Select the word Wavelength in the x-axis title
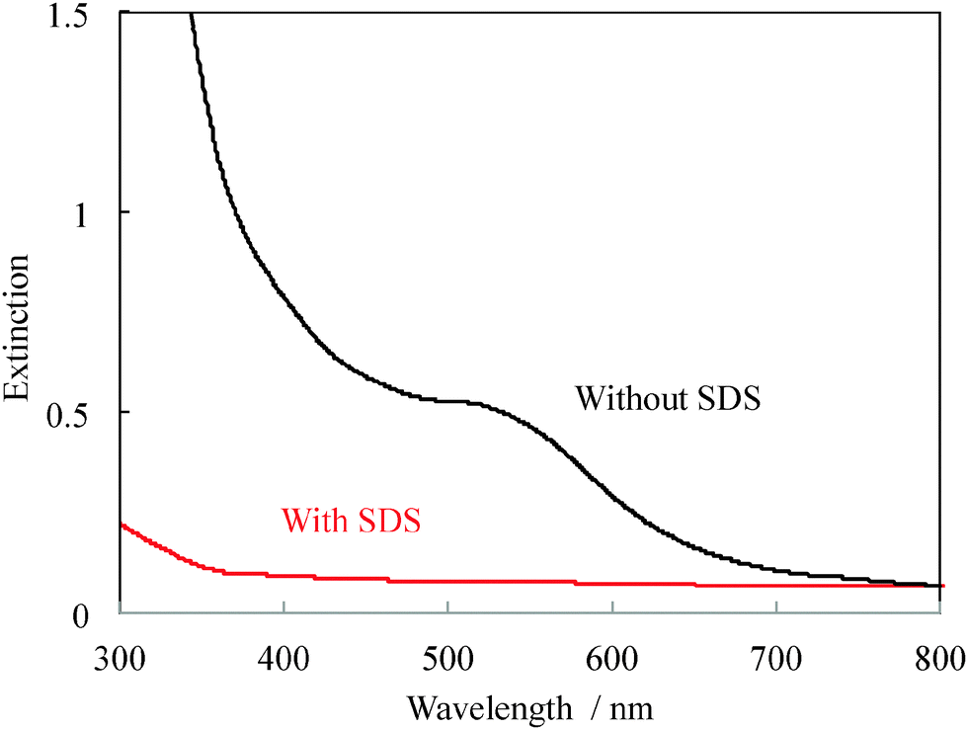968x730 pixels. [488, 707]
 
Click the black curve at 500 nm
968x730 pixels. [448, 400]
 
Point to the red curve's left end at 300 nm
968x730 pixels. [121, 525]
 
